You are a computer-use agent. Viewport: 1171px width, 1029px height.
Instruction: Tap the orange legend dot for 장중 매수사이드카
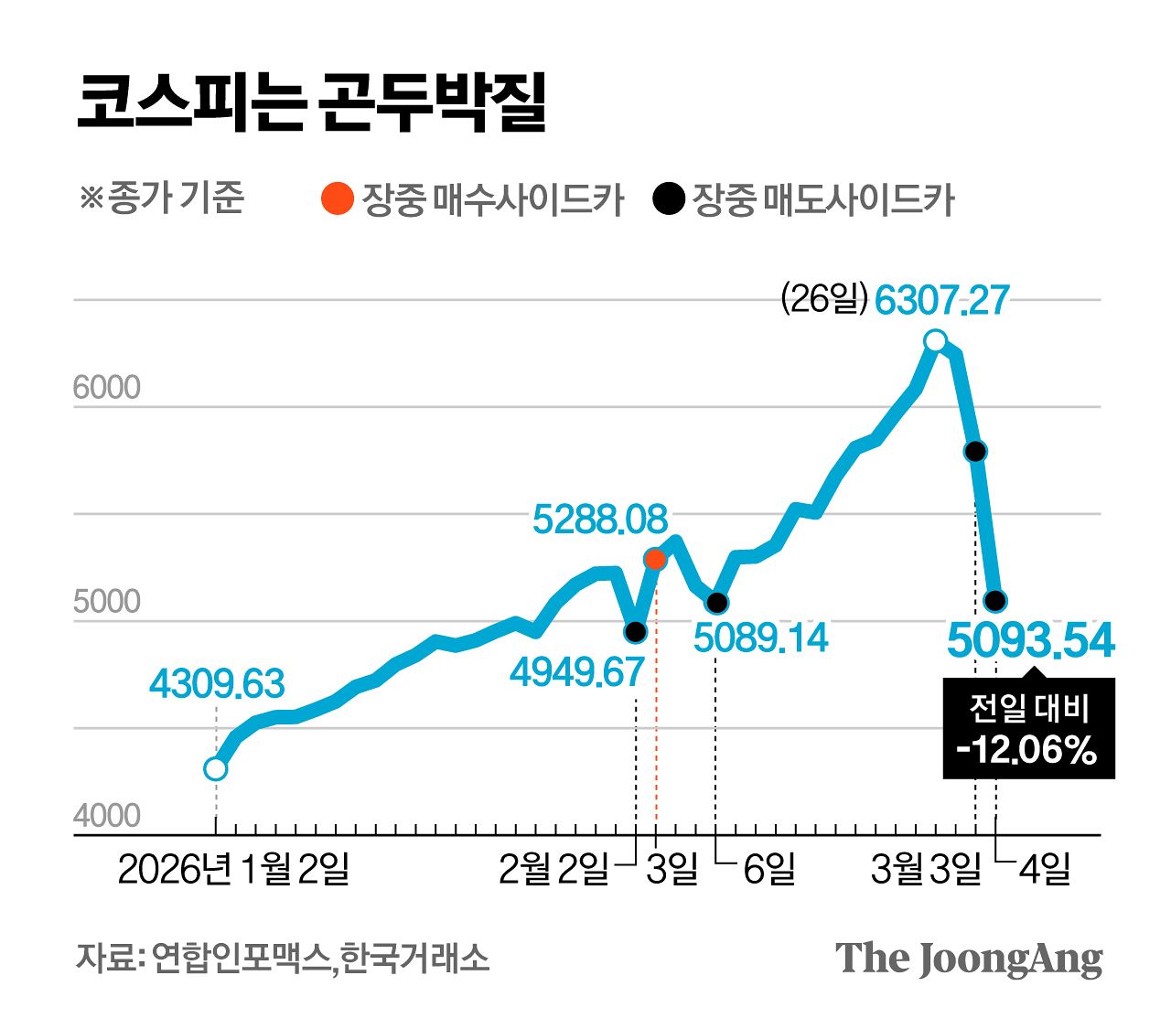pos(338,198)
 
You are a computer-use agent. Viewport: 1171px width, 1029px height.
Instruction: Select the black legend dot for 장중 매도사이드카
pos(669,198)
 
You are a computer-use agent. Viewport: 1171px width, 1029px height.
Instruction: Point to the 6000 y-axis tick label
pos(107,388)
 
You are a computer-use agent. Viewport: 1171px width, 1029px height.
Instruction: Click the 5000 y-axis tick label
pos(107,602)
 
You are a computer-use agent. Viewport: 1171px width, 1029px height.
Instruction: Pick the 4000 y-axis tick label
pos(107,816)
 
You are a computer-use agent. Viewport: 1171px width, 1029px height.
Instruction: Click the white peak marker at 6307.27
pos(935,341)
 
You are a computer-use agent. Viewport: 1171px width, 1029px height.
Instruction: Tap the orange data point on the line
pos(655,559)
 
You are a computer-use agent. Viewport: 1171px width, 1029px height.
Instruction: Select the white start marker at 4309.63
pos(215,769)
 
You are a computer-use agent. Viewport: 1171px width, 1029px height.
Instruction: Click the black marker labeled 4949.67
pos(635,632)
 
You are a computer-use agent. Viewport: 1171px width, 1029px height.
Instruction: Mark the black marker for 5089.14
pos(717,602)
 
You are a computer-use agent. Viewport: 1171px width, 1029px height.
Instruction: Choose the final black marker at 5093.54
pos(995,601)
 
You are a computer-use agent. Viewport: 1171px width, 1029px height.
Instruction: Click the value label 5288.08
pos(600,520)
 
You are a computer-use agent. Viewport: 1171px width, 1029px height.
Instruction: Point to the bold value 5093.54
pos(1031,640)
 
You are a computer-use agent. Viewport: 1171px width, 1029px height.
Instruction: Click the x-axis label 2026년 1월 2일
pos(234,870)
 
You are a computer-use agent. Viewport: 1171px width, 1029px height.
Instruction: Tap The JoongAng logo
pos(969,959)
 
